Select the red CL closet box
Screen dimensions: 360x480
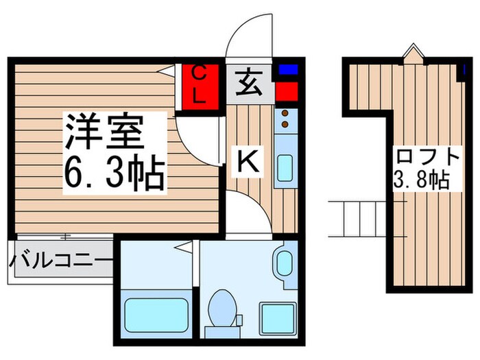coord(199,85)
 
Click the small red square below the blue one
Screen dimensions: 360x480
coord(286,91)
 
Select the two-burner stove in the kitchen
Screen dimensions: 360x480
coord(285,118)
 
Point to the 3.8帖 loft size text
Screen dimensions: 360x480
coord(420,180)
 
